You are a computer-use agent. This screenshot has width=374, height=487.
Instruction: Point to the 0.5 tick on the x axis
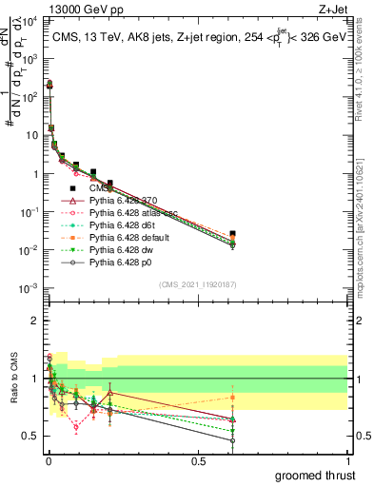[x=198, y=461]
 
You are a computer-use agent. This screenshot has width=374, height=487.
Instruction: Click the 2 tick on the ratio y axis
[x=33, y=321]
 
